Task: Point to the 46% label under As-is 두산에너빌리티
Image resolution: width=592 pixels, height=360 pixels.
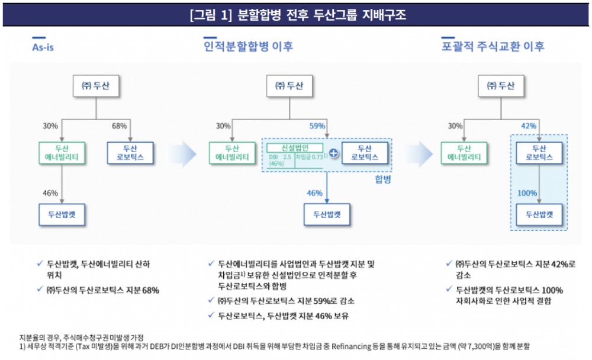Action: point(50,192)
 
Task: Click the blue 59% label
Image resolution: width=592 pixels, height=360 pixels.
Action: point(317,126)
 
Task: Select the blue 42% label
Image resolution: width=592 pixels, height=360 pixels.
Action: point(528,126)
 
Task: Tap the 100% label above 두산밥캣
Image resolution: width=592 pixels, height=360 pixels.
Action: point(527,193)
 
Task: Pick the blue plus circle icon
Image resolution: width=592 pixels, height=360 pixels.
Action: point(333,153)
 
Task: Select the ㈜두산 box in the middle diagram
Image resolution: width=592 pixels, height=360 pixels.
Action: point(290,86)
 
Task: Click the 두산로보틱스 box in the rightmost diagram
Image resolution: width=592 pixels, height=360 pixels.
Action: point(538,153)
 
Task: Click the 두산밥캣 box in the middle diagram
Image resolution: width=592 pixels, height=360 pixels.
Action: point(327,214)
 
